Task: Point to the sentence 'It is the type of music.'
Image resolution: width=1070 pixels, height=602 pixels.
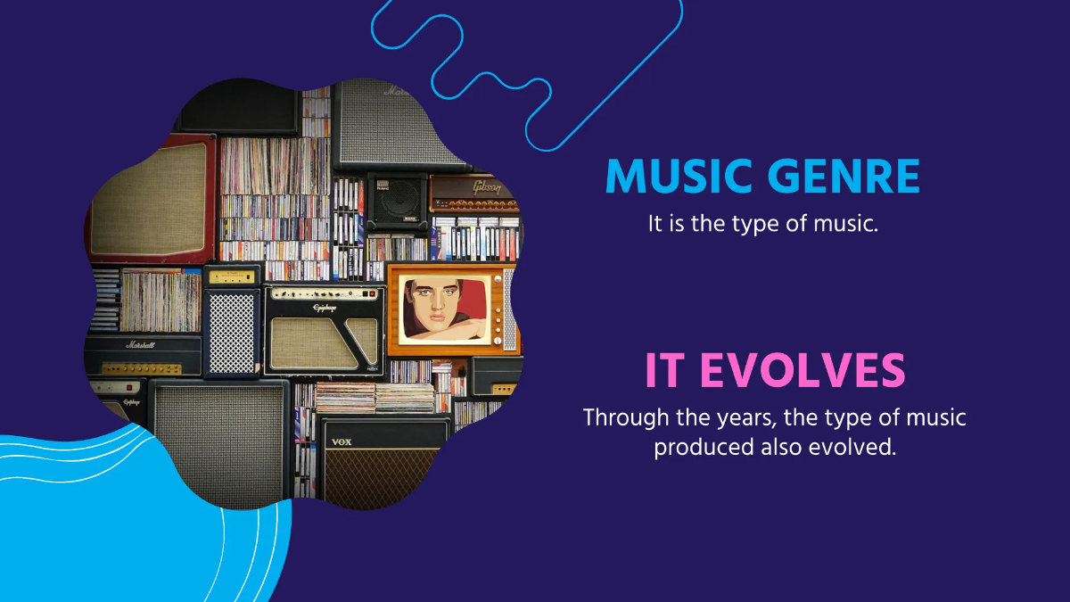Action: coord(763,224)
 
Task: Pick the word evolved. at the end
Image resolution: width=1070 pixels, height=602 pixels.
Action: coord(852,447)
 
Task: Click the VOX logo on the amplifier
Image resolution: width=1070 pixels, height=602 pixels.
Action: coord(342,442)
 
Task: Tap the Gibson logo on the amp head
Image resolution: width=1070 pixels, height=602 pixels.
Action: coord(486,187)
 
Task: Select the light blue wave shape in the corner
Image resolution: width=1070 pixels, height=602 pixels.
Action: coord(107,526)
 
